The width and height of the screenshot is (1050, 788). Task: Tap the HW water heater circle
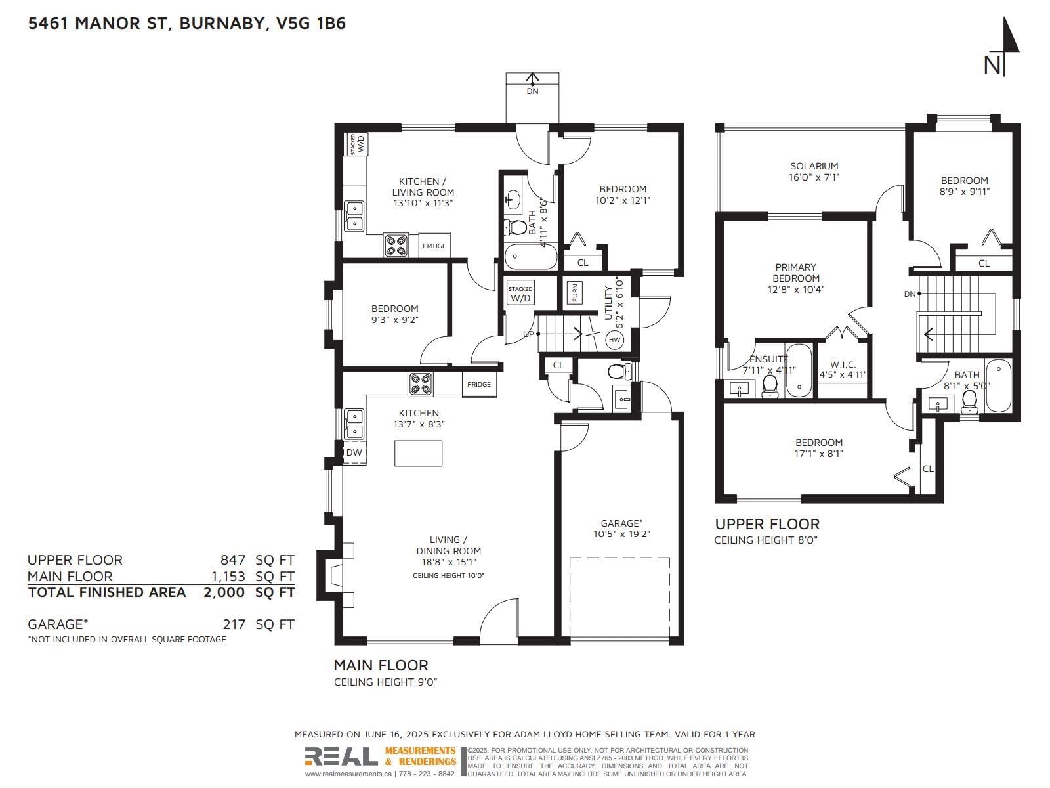614,340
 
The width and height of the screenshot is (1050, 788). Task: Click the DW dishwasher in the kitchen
354,452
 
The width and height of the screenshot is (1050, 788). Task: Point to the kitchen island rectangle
418,453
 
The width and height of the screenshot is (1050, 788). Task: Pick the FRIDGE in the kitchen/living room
434,246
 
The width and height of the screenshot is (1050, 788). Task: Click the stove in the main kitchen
421,384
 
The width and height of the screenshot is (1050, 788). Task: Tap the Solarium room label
814,166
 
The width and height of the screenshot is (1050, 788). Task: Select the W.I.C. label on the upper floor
843,364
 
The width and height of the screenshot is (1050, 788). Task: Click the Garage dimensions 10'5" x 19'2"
622,534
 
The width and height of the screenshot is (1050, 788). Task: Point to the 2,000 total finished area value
224,592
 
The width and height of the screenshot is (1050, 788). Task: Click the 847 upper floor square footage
233,559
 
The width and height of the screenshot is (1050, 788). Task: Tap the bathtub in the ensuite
799,371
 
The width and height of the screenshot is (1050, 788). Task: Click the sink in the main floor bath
513,200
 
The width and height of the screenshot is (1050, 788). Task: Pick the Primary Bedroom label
796,273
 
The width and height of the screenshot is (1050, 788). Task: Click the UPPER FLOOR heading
767,525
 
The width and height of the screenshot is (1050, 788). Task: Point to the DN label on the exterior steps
532,91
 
